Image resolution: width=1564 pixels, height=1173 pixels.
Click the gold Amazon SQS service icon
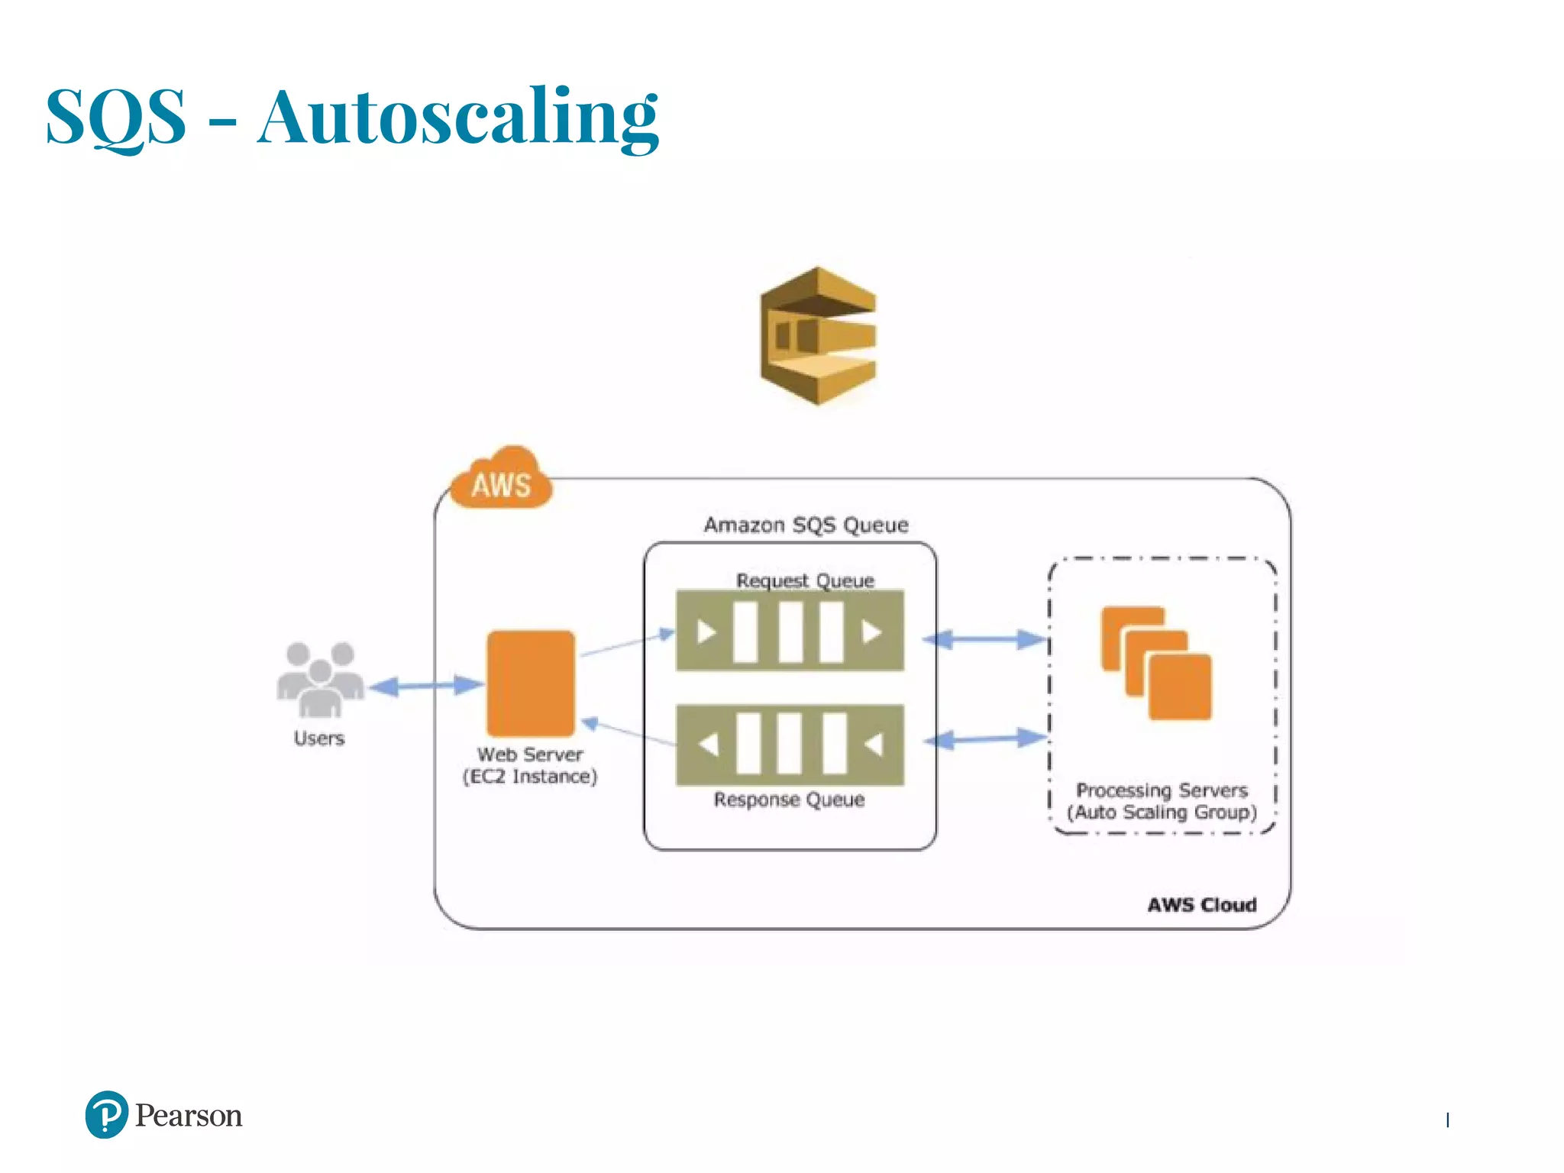pos(818,335)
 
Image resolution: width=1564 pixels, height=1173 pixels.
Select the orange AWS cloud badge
pos(502,480)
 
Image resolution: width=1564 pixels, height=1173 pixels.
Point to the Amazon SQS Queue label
pos(806,525)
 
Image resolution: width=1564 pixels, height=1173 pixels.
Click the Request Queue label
pos(805,580)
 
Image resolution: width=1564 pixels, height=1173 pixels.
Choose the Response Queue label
pos(789,800)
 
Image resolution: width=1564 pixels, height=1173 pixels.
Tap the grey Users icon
pos(320,679)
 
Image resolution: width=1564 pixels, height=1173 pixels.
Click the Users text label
pos(319,738)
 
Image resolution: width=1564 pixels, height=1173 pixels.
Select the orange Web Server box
pos(531,683)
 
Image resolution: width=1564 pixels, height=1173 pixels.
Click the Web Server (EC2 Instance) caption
pos(530,765)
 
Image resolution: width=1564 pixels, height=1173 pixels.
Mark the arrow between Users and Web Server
pos(426,686)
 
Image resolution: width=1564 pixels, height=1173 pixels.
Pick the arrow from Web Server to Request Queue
pos(627,644)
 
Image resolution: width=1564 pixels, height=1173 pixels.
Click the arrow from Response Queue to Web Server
pos(628,732)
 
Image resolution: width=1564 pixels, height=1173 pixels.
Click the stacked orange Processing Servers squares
pos(1156,663)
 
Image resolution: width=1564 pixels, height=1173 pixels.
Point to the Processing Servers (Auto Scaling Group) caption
pos(1162,801)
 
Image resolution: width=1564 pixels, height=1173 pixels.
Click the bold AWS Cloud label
pos(1201,905)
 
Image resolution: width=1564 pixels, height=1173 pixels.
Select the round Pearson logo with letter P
pos(107,1114)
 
